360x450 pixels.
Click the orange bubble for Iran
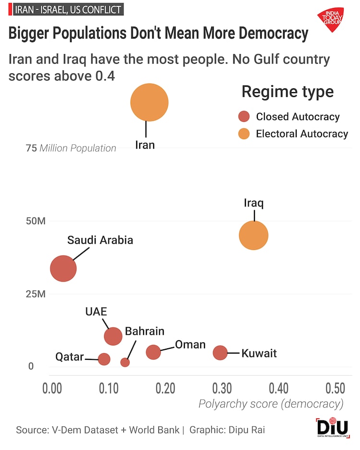[x=149, y=102]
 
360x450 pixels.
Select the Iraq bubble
[x=253, y=235]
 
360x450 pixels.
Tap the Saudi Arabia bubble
[x=63, y=268]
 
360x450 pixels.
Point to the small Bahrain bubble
[x=125, y=362]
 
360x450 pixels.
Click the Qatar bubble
[x=104, y=359]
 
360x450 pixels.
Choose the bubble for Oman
[x=153, y=352]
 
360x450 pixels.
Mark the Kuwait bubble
[x=220, y=353]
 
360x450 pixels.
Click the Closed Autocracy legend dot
[x=244, y=117]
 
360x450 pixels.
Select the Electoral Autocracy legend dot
[x=244, y=134]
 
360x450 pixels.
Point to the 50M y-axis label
[x=36, y=221]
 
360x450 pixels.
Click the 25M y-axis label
[x=36, y=294]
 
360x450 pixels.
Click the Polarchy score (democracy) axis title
[x=271, y=404]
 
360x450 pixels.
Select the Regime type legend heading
[x=288, y=91]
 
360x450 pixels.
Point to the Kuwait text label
[x=259, y=354]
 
